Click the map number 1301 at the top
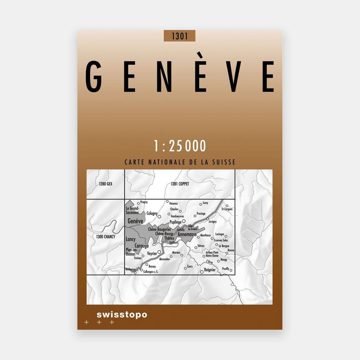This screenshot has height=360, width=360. click(179, 36)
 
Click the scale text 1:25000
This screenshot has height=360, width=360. click(180, 146)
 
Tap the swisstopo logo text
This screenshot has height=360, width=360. click(122, 315)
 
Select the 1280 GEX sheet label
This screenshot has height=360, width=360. click(105, 184)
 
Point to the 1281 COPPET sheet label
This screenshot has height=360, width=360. click(180, 184)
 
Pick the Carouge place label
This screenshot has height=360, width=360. click(142, 246)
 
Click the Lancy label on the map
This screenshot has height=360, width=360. click(130, 239)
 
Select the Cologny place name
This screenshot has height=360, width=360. click(152, 213)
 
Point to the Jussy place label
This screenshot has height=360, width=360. click(205, 203)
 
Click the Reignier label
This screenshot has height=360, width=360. click(210, 270)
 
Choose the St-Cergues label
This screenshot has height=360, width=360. click(227, 209)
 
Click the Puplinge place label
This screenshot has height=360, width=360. click(175, 222)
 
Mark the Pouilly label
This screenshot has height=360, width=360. click(225, 269)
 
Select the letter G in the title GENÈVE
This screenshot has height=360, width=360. click(94, 77)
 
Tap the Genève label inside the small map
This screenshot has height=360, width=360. click(135, 221)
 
